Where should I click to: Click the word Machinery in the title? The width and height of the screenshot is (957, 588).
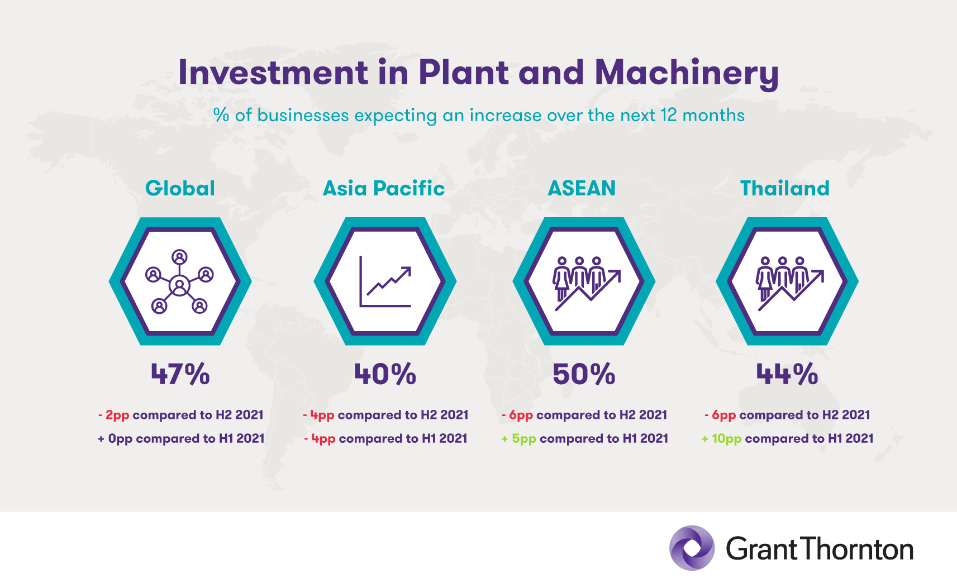pyautogui.click(x=687, y=74)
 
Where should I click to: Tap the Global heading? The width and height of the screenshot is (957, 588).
pyautogui.click(x=180, y=188)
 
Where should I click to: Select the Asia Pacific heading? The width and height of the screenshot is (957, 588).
pyautogui.click(x=384, y=188)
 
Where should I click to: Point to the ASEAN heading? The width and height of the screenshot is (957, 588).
pyautogui.click(x=582, y=188)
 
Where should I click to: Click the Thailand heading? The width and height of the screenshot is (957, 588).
pyautogui.click(x=785, y=188)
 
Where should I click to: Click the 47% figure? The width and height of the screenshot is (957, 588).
pyautogui.click(x=180, y=374)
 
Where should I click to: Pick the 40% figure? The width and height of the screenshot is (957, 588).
pyautogui.click(x=385, y=374)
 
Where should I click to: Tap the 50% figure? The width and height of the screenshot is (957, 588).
pyautogui.click(x=584, y=374)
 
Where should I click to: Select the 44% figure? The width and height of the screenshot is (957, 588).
pyautogui.click(x=787, y=374)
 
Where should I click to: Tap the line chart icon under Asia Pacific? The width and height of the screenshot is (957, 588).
pyautogui.click(x=385, y=281)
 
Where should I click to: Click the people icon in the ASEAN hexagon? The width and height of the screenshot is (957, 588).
pyautogui.click(x=586, y=284)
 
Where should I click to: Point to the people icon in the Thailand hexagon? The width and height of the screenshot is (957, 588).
pyautogui.click(x=789, y=284)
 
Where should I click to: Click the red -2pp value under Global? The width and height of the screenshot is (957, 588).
pyautogui.click(x=113, y=415)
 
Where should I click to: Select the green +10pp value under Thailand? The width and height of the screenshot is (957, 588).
pyautogui.click(x=722, y=438)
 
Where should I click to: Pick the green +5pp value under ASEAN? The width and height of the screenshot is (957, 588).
pyautogui.click(x=518, y=438)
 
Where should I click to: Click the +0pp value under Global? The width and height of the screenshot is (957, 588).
pyautogui.click(x=115, y=438)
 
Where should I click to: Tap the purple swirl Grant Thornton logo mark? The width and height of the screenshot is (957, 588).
pyautogui.click(x=692, y=548)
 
